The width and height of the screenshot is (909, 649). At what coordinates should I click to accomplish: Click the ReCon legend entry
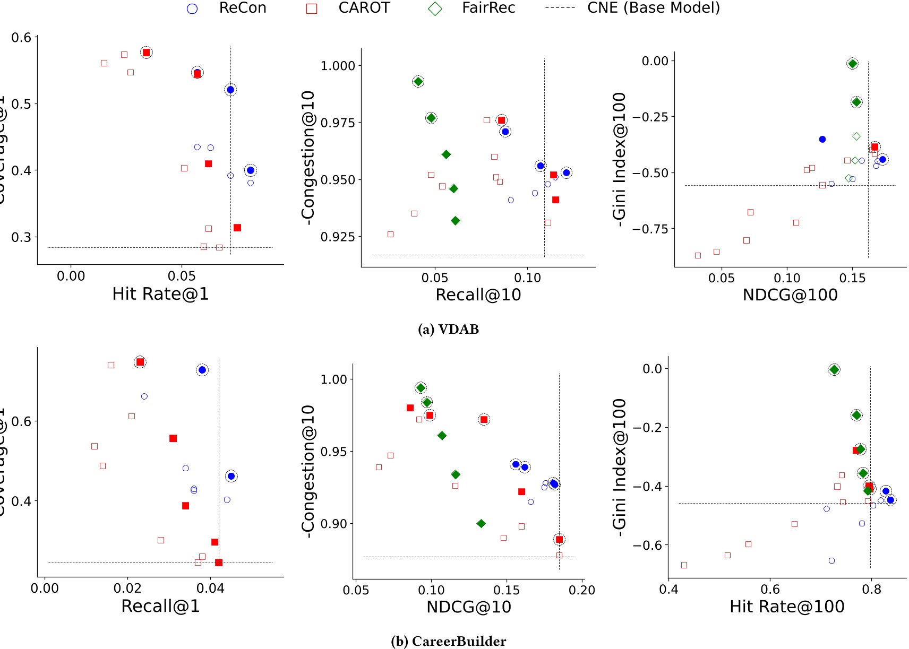tap(242, 8)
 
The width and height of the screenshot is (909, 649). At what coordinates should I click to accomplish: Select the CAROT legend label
tap(364, 8)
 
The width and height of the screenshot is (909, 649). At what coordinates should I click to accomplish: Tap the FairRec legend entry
tap(488, 8)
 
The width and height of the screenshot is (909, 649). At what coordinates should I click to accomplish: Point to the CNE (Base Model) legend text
tap(653, 8)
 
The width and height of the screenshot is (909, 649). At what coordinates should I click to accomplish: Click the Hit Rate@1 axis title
tap(160, 294)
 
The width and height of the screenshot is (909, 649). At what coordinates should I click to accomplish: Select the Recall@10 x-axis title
tap(478, 295)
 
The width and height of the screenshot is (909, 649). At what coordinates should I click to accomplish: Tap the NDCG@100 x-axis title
tap(790, 295)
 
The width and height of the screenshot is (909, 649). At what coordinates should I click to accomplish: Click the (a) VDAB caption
tap(448, 330)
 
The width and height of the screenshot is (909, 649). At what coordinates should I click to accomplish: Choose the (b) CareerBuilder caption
tap(448, 641)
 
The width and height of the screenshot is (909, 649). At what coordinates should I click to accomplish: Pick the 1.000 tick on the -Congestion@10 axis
tap(338, 66)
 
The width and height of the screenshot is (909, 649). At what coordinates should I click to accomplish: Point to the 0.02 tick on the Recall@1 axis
tap(127, 589)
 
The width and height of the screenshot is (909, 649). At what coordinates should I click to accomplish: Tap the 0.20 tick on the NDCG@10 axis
tap(581, 590)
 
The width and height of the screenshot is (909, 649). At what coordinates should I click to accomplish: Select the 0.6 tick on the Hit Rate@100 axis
tap(770, 590)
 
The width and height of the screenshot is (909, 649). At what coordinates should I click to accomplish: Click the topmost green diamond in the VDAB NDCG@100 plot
tap(853, 64)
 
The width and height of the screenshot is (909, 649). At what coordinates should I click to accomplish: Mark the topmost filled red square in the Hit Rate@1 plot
tap(146, 53)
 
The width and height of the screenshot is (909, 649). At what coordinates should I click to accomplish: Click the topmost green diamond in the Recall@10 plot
tap(418, 82)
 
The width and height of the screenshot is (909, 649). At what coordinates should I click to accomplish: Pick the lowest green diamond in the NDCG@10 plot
tap(481, 524)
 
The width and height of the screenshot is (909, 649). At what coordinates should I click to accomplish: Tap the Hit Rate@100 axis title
tap(786, 607)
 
